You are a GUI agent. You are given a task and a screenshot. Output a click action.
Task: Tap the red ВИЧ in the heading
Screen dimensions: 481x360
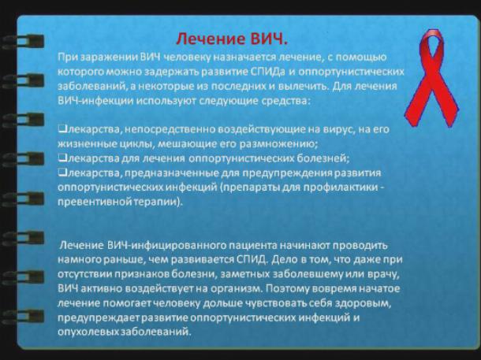[270, 39]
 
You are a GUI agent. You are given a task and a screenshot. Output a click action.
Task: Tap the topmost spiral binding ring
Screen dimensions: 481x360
[23, 42]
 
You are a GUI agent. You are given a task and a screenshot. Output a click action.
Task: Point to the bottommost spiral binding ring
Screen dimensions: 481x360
[23, 317]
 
